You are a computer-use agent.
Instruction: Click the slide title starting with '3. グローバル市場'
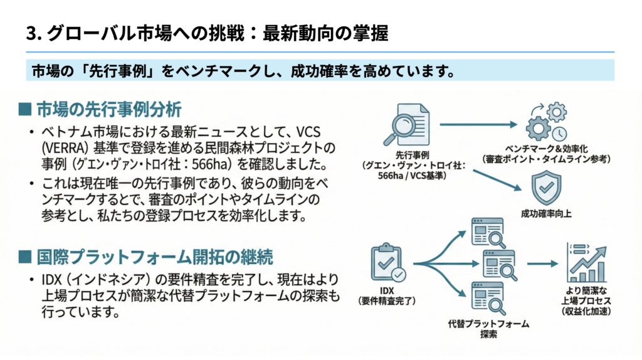(207, 33)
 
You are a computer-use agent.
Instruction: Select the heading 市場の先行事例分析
(109, 109)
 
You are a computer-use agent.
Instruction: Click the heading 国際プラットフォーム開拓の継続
(154, 257)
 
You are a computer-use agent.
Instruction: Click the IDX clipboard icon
(387, 264)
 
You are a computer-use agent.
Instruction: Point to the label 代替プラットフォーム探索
(488, 329)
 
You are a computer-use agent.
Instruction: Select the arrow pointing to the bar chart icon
(542, 263)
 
